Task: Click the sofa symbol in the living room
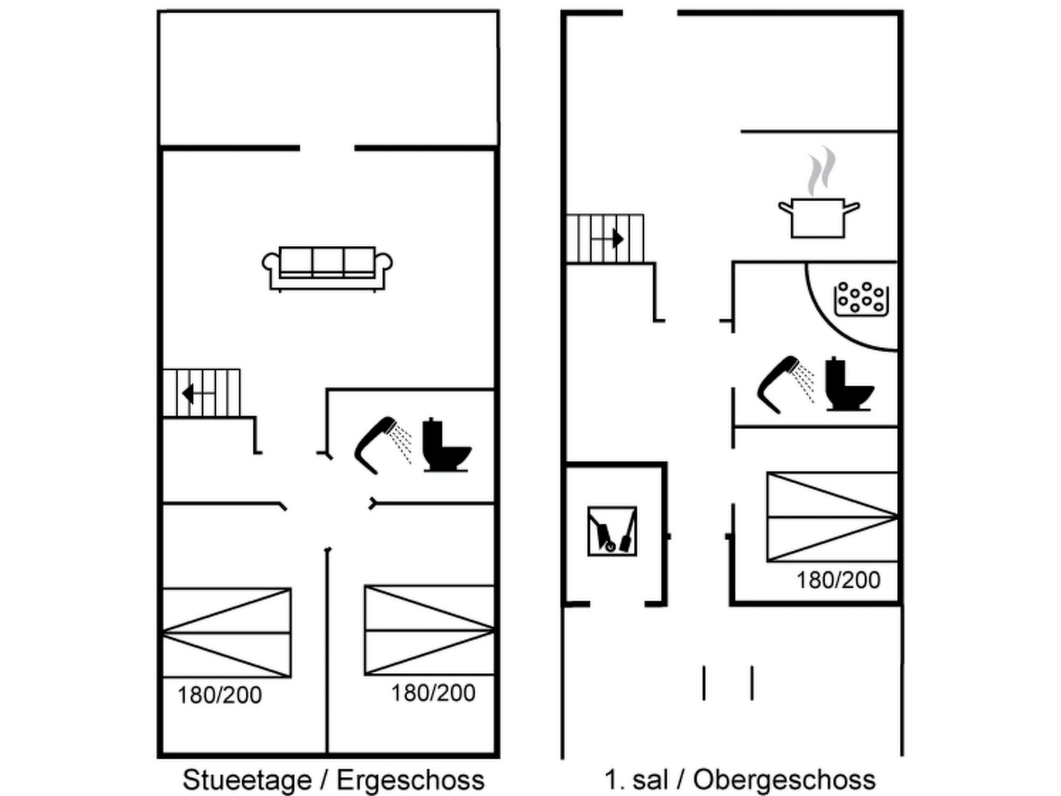click(x=327, y=267)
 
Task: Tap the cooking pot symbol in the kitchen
click(x=818, y=218)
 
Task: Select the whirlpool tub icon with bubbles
click(x=861, y=300)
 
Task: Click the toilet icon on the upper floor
click(x=848, y=384)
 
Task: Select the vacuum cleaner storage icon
click(x=612, y=531)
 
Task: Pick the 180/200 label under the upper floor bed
click(x=838, y=580)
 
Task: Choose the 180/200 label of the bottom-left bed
click(x=220, y=695)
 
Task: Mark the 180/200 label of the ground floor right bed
click(x=433, y=693)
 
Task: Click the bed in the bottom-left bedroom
click(x=226, y=633)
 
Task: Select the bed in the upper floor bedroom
click(x=831, y=517)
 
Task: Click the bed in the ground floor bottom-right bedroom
click(x=429, y=630)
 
